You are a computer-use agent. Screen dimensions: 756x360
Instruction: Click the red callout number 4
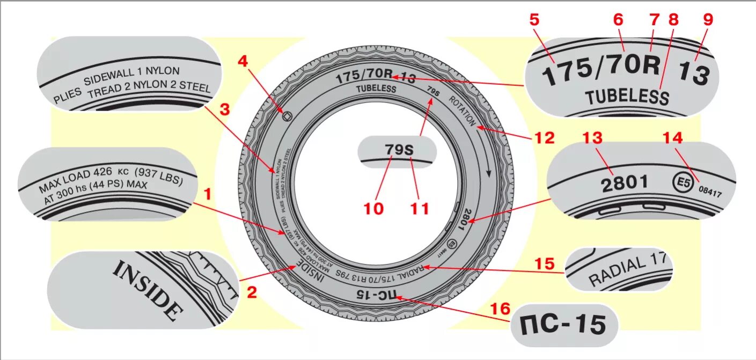point(243,61)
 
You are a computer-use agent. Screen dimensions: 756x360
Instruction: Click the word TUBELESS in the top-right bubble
point(627,97)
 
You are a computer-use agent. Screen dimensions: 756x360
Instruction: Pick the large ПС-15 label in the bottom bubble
point(563,325)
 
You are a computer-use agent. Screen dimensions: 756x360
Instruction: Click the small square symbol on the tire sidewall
point(287,114)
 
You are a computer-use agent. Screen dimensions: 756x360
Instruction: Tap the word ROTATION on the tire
point(462,111)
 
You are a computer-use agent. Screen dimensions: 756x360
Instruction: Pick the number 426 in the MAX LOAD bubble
point(102,173)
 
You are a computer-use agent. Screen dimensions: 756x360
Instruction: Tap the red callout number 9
point(708,20)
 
